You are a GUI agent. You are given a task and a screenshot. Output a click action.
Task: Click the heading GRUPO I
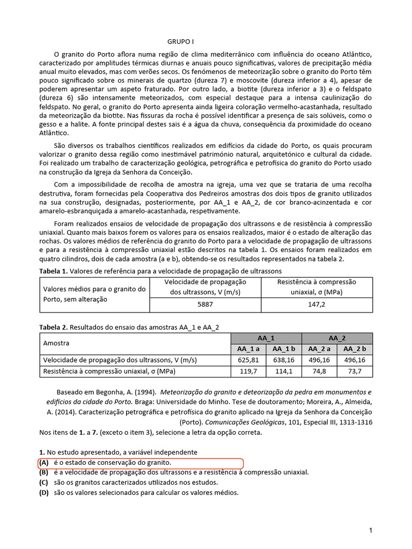(180, 42)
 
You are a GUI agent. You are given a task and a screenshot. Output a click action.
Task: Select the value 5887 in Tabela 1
(205, 304)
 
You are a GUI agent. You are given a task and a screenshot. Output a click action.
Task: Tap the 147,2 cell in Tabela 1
(316, 304)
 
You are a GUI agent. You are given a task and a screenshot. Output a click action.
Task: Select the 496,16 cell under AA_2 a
(319, 360)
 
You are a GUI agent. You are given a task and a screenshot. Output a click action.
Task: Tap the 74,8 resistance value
(319, 370)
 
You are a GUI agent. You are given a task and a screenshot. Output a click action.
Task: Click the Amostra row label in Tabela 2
(56, 343)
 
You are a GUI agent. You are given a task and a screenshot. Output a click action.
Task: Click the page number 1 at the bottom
(370, 530)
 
